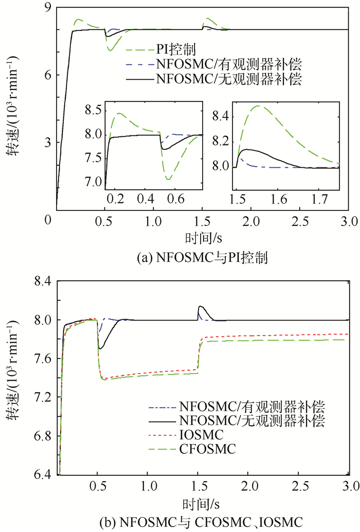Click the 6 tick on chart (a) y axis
coord(49,75)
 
